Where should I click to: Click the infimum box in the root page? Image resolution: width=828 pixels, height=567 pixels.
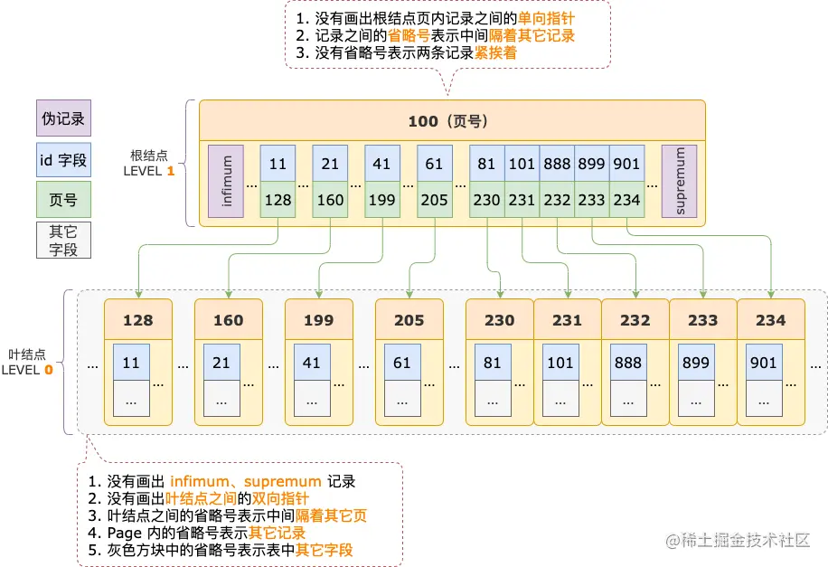coord(226,181)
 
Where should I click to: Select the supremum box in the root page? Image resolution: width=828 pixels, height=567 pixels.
coord(679,181)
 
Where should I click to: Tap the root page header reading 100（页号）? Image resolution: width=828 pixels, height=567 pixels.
coord(451,121)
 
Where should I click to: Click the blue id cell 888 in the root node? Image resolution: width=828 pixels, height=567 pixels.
coord(557,165)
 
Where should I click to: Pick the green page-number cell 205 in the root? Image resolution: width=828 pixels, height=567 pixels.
coord(435,200)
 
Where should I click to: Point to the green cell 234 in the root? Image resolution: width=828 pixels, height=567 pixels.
coord(626,200)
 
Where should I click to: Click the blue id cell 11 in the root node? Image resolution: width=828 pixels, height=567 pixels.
coord(278,165)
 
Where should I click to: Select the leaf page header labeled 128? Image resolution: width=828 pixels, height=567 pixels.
coord(138,320)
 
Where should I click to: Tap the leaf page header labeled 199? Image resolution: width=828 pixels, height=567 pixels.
coord(318,320)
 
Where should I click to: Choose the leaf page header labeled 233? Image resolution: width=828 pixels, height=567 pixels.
coord(703,320)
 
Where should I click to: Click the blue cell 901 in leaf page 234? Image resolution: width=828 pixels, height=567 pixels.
coord(763,363)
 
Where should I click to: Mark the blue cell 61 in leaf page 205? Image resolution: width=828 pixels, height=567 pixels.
coord(402,363)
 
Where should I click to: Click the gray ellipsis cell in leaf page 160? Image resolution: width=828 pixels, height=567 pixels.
coord(221,398)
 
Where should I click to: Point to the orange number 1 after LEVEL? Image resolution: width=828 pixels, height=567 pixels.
coord(170,170)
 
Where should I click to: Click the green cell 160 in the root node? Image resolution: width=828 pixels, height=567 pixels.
coord(330,200)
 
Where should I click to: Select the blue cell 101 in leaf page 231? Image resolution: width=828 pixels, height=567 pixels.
coord(560,363)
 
